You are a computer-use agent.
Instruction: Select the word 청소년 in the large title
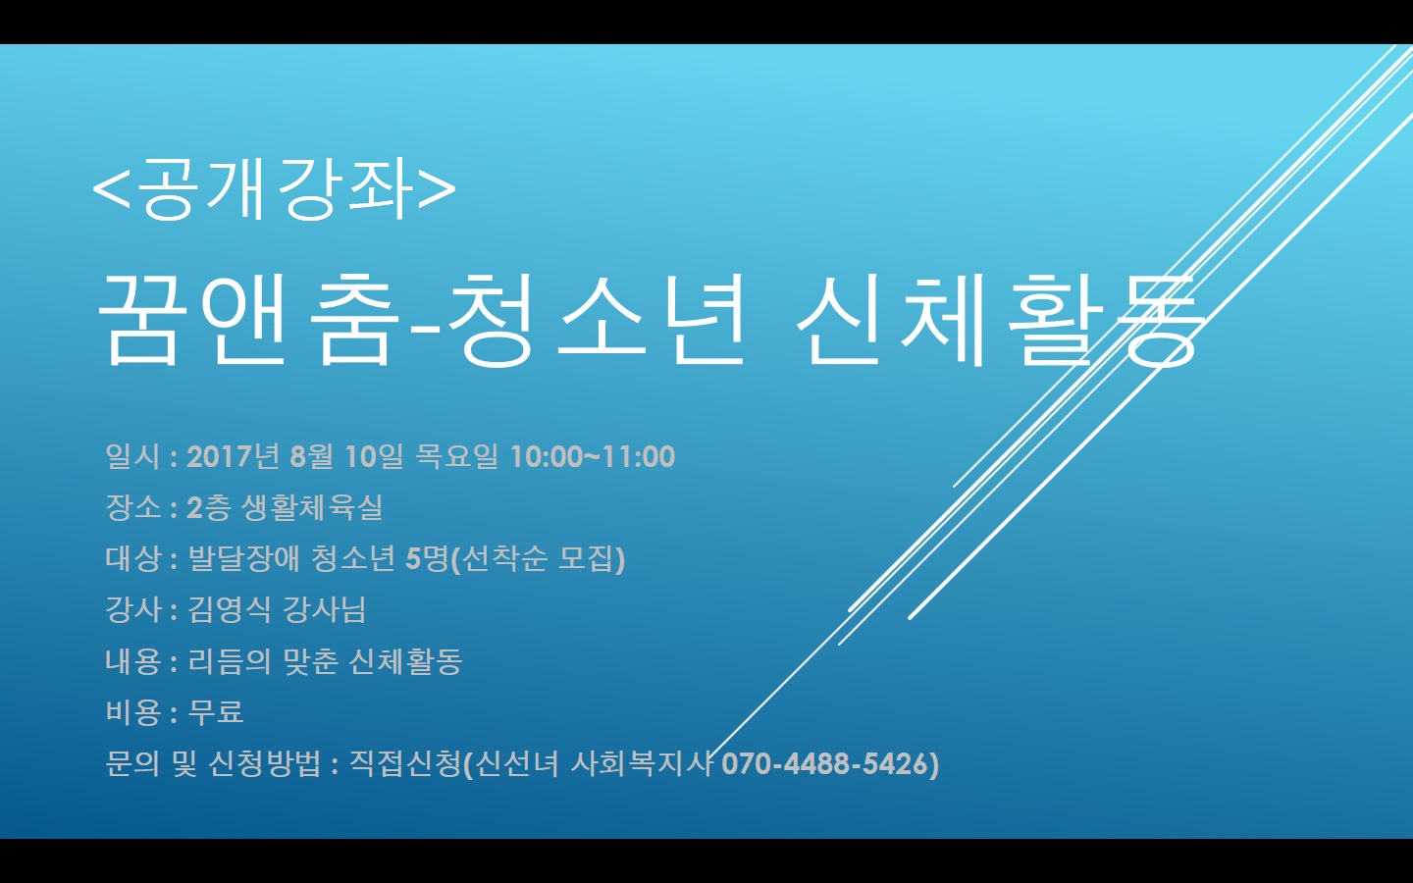[597, 321]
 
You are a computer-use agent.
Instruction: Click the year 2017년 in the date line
[233, 456]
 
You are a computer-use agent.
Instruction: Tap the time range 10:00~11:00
[593, 456]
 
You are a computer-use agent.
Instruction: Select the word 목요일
[456, 456]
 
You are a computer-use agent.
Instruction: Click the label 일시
[132, 456]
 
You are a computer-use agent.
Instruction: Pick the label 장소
[132, 507]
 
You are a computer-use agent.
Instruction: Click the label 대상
[132, 558]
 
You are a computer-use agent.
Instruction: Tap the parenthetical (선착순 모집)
[537, 559]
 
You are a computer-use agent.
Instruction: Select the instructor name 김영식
[230, 609]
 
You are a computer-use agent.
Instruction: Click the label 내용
[132, 661]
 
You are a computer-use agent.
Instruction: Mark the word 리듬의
[230, 661]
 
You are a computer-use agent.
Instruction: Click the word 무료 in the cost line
[216, 712]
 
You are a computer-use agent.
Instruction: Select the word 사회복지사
[641, 763]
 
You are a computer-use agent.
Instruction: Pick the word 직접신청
[405, 763]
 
